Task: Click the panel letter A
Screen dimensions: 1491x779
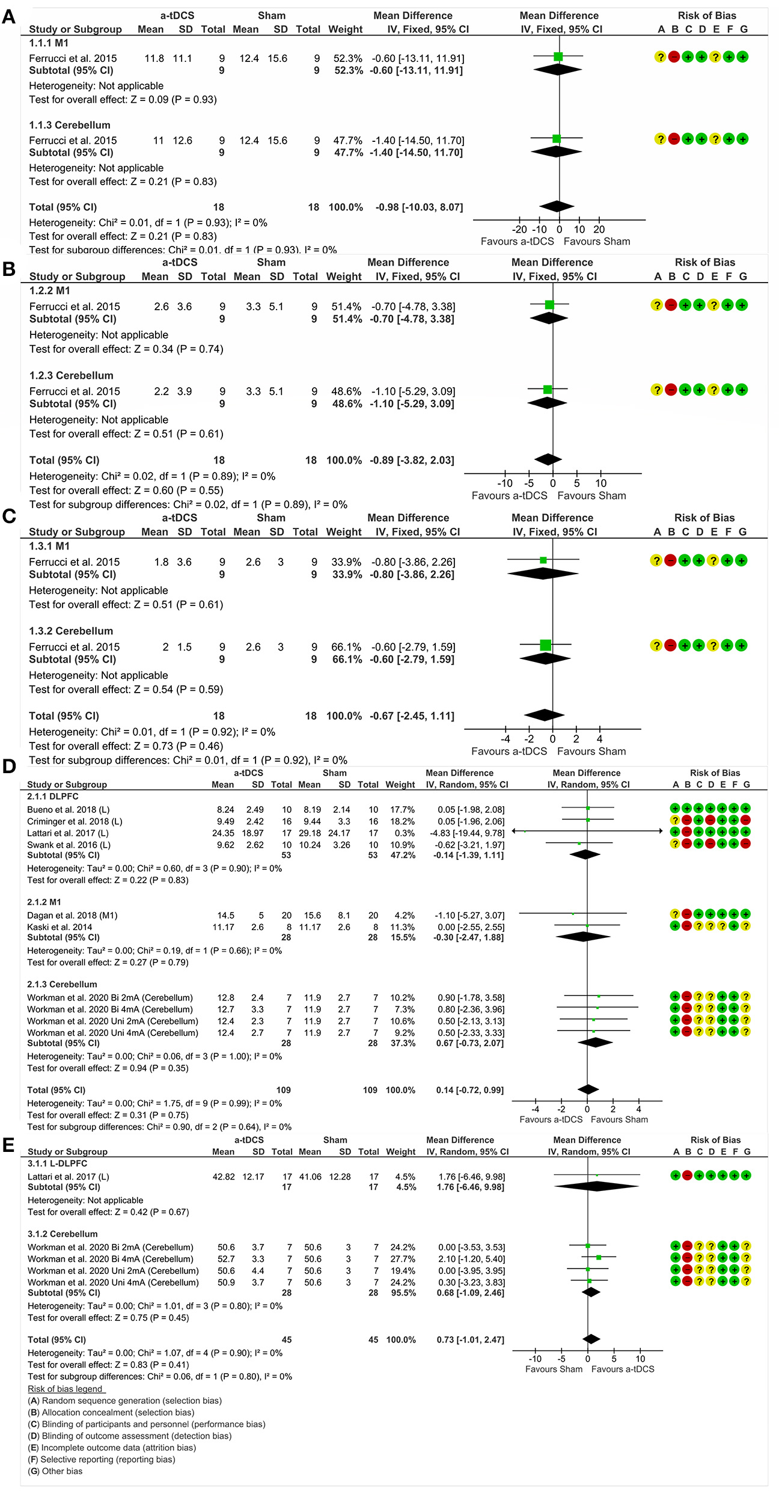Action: point(8,16)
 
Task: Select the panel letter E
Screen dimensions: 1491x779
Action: point(8,1144)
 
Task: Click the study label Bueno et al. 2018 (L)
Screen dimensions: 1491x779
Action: point(68,809)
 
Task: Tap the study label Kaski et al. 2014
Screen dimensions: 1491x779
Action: point(60,927)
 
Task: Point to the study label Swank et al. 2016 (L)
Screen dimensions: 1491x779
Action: point(69,845)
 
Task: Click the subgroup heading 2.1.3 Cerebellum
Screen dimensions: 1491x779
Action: point(62,984)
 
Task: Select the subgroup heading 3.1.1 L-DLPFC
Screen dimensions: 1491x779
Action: point(57,1163)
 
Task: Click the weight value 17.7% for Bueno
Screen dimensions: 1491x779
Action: point(402,809)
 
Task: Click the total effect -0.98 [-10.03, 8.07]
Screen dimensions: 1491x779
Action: point(419,207)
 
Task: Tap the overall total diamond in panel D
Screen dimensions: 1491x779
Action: point(588,1089)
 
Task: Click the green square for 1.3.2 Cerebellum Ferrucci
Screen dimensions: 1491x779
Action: point(545,645)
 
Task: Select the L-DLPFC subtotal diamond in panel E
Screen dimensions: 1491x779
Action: point(588,1186)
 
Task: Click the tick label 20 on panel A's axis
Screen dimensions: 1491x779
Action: point(599,229)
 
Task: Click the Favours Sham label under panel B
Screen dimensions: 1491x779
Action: point(591,495)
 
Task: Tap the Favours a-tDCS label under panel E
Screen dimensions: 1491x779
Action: point(623,1369)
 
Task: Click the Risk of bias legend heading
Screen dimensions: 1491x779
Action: point(66,1389)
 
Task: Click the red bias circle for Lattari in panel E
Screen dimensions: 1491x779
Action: point(687,1175)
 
